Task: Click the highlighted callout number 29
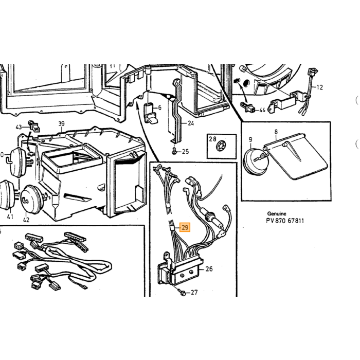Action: click(185, 227)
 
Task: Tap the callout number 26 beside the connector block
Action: click(209, 268)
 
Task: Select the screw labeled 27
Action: click(183, 293)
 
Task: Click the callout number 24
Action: click(191, 123)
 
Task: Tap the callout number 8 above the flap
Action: click(276, 132)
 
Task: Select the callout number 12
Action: click(319, 87)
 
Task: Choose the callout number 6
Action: click(159, 107)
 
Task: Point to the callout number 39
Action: click(61, 124)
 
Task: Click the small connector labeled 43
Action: click(33, 126)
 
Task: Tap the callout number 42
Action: click(26, 220)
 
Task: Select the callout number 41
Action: click(10, 217)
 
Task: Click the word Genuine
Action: click(277, 214)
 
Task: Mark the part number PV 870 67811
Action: click(285, 221)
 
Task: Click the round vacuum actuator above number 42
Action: click(32, 200)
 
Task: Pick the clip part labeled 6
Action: click(150, 114)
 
